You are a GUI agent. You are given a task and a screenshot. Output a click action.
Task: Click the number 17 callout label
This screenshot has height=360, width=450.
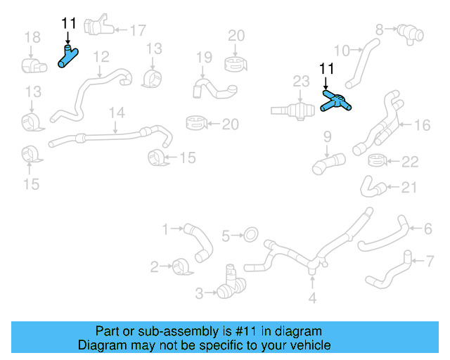(x=137, y=30)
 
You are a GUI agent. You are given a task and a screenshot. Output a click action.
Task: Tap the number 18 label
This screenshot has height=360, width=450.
(x=32, y=37)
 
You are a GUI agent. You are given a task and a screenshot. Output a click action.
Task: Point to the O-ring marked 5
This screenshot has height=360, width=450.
(x=250, y=233)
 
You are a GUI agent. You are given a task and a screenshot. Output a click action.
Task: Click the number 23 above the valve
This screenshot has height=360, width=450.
(x=301, y=82)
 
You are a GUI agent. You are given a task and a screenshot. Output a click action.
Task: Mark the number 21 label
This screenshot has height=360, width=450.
(x=409, y=188)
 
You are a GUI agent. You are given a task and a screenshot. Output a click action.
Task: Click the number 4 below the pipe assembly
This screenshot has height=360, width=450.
(x=313, y=297)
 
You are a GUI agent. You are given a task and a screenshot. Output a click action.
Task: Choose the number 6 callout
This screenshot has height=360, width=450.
(x=427, y=229)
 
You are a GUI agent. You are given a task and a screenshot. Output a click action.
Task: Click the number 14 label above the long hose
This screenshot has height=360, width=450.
(x=116, y=112)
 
